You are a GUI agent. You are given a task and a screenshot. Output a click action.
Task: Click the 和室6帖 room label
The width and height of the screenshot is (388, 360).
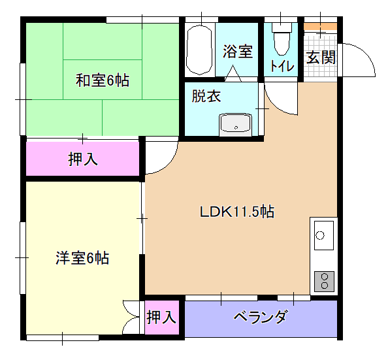pos(102,80)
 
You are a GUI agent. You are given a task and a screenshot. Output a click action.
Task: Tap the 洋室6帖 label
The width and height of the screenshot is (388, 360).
pos(82,258)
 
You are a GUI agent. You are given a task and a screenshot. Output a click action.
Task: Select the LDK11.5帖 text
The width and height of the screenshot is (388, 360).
pos(237,212)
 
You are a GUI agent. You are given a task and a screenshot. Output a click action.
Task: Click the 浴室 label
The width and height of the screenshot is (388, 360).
pos(238,52)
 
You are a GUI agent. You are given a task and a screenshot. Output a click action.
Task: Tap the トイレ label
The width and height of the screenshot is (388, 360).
pos(282,66)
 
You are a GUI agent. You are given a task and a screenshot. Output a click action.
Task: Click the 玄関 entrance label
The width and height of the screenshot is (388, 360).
pos(321,57)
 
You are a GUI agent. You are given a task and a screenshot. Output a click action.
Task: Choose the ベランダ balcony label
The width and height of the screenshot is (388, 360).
pos(261,316)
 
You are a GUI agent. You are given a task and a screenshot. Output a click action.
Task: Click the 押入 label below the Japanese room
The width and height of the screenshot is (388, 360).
pos(83,159)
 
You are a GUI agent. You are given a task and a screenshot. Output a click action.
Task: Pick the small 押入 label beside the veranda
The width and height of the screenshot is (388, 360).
pos(161,317)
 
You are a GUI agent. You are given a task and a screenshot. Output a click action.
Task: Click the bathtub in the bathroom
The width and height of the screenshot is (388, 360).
pos(199,50)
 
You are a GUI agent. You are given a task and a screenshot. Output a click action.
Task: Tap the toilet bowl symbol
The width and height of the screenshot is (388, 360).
pos(282,39)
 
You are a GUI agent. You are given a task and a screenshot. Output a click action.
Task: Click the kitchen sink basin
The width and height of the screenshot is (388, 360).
pos(324,235)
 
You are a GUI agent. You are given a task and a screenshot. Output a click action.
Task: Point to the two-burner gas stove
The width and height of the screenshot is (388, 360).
pos(324,282)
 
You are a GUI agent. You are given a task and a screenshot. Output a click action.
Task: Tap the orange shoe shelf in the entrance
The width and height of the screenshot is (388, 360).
pos(321,27)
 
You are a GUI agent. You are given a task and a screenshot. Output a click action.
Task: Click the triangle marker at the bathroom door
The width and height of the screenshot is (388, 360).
pos(233,74)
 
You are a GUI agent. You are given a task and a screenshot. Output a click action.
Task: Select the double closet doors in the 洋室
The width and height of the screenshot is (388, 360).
pos(131,317)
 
